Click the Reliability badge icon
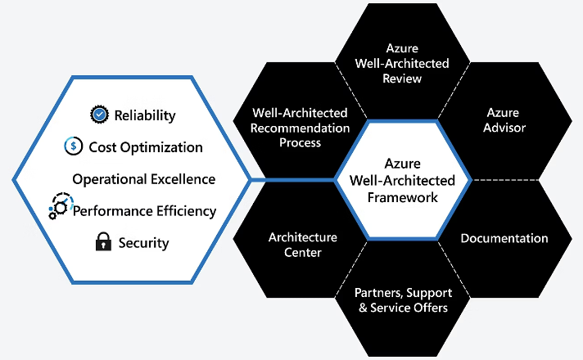[x=99, y=115]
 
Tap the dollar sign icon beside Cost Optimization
[x=74, y=147]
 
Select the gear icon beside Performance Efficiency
[x=61, y=205]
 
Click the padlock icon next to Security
[x=102, y=242]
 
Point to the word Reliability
[x=145, y=115]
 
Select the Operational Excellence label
[x=144, y=179]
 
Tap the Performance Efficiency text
[x=145, y=211]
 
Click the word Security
[x=143, y=243]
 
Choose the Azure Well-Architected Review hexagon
[x=403, y=64]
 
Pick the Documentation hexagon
[x=504, y=239]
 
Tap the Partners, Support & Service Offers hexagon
[x=402, y=300]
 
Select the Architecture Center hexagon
[x=302, y=245]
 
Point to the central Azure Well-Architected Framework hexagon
[x=403, y=181]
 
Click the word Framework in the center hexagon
[x=403, y=197]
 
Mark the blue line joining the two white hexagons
[x=293, y=179]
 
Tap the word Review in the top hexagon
[x=403, y=79]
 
